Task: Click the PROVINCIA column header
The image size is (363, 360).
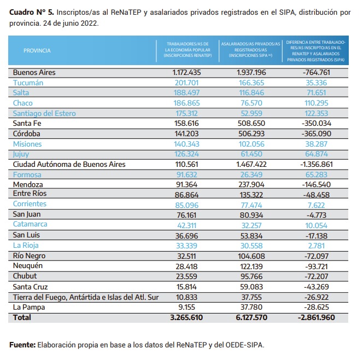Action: (x=37, y=50)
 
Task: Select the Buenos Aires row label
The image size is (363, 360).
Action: (x=34, y=73)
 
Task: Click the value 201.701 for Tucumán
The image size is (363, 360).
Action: (x=186, y=83)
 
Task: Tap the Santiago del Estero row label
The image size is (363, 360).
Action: (x=44, y=113)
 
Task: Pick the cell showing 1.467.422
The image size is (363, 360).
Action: (x=251, y=164)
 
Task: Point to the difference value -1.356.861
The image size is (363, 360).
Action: (x=317, y=164)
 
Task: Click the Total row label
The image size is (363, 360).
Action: (x=22, y=317)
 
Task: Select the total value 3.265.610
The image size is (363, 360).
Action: (x=186, y=317)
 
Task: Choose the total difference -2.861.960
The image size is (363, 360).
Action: (x=317, y=317)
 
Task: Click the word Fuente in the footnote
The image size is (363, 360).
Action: (x=22, y=345)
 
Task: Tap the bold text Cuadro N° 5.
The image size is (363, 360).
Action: (x=32, y=12)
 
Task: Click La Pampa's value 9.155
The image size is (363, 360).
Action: (x=186, y=307)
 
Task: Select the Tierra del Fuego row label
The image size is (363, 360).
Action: (x=86, y=297)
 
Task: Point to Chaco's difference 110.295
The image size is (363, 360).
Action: (x=317, y=103)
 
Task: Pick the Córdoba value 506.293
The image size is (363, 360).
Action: (x=251, y=133)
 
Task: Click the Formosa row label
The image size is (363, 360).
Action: (x=27, y=175)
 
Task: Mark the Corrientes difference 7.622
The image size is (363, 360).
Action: (x=317, y=205)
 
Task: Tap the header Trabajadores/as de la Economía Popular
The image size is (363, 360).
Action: (x=188, y=50)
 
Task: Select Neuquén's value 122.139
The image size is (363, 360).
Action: (x=251, y=266)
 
